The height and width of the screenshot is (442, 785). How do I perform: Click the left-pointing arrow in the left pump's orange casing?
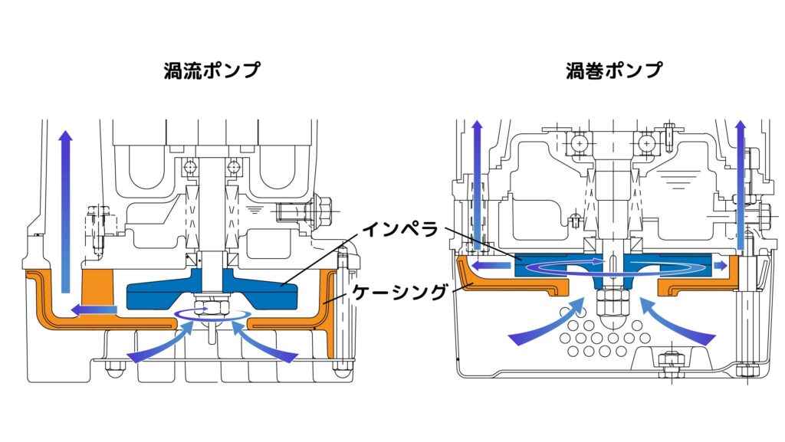point(92,309)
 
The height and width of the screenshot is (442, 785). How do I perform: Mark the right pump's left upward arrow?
point(477,184)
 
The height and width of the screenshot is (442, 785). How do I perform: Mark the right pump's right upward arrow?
point(741,184)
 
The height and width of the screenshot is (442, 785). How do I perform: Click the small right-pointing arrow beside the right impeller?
point(718,266)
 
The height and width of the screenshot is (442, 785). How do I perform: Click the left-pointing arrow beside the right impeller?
point(491,266)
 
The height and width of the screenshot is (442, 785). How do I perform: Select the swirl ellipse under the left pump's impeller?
point(212,314)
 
